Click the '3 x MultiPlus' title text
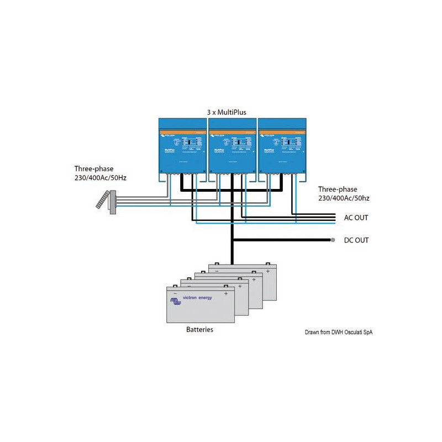[x=227, y=112]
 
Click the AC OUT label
[x=356, y=218]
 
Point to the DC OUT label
[x=356, y=240]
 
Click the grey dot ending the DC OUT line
[x=333, y=240]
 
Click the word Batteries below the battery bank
[x=199, y=329]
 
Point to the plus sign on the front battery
[x=226, y=294]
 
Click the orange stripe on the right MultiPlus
[x=282, y=131]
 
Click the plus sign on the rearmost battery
[x=267, y=271]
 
